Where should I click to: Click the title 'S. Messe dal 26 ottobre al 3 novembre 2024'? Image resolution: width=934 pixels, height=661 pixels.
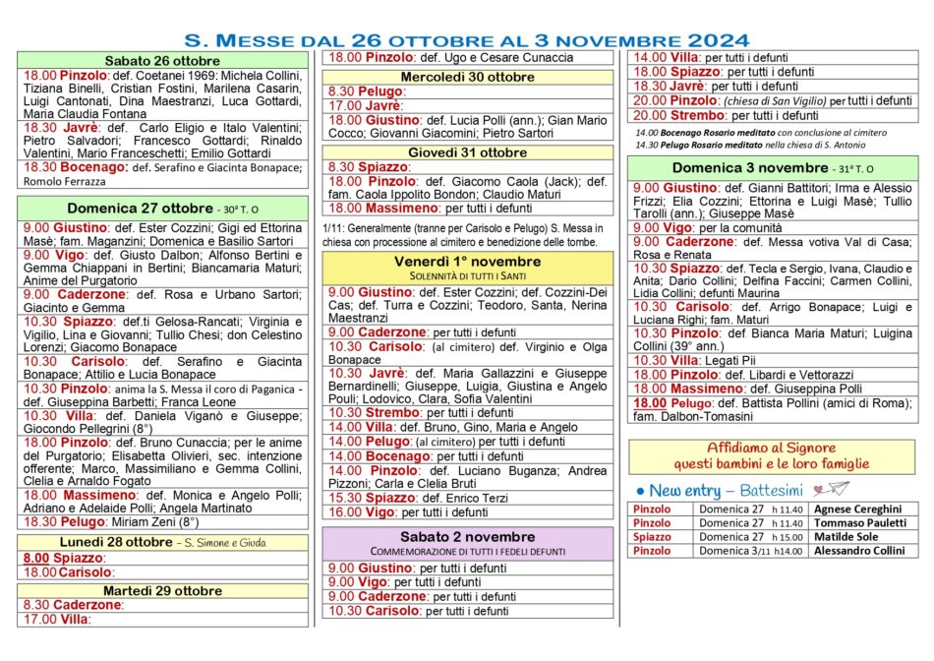pos(467,40)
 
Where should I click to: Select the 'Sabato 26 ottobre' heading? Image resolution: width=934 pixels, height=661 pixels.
pos(163,61)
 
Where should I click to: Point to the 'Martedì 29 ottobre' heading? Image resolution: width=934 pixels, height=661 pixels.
pos(163,590)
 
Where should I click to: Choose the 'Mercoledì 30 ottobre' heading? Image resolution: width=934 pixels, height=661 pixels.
pos(467,77)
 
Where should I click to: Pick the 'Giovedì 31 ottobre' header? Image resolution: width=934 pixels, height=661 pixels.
pos(467,152)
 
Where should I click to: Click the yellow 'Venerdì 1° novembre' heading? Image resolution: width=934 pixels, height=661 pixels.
pos(467,262)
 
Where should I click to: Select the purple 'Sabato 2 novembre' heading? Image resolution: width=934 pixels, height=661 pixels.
pos(467,537)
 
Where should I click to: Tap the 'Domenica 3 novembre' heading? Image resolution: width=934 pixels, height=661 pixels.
pos(723,168)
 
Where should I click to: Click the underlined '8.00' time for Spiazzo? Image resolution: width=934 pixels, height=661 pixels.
pos(35,558)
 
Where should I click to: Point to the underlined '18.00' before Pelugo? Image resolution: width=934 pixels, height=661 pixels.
pos(649,404)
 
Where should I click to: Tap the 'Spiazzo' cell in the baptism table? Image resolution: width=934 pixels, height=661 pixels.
pos(653,537)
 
